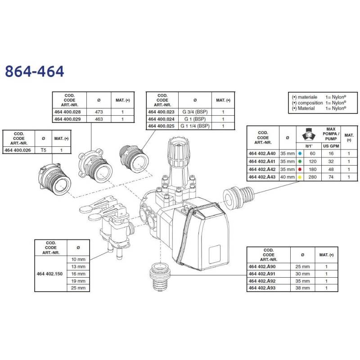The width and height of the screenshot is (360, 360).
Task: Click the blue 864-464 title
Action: tap(35, 72)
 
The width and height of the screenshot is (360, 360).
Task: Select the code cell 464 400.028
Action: tap(67, 112)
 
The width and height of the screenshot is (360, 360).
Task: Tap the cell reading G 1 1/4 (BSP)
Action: tap(195, 126)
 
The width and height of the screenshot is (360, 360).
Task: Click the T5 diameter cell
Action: tap(43, 150)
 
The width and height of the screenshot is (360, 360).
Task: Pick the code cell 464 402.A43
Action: tap(262, 177)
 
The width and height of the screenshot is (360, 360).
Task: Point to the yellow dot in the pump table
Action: tap(300, 177)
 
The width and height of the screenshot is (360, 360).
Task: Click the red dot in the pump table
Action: tap(300, 170)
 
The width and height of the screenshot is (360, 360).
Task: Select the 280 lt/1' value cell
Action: tap(312, 177)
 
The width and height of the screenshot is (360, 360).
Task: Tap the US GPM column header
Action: tap(331, 146)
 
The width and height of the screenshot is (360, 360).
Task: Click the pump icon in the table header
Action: tap(308, 134)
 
